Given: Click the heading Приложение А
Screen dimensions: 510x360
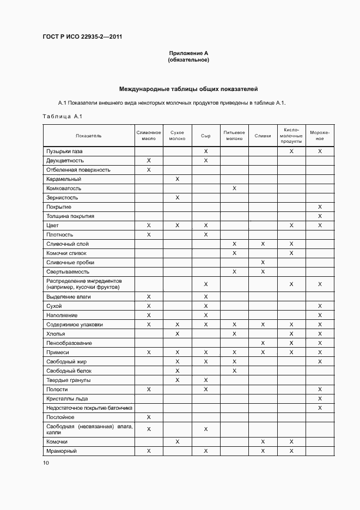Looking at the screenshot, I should point(188,53).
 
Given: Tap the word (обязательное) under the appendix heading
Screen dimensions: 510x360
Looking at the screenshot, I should point(188,60).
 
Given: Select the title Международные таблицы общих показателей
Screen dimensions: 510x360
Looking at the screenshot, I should point(188,89).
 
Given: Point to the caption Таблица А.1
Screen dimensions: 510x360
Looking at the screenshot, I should point(62,116).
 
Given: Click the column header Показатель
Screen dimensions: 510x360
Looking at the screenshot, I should point(88,136).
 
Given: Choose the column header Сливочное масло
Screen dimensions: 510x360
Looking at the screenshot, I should point(149,136).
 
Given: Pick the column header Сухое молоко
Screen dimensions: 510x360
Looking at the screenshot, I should point(177,136).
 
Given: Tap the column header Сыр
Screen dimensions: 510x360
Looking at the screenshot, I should point(205,136).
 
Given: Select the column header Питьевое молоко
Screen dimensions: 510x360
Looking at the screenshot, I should point(234,136).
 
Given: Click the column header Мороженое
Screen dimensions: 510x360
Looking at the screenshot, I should point(320,136).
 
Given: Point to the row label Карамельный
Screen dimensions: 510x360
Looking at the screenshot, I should point(64,179).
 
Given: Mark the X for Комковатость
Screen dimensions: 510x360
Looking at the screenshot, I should point(234,188).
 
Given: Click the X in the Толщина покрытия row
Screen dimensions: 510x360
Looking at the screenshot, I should point(320,216).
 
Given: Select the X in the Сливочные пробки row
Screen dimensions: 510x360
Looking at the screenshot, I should point(263,263).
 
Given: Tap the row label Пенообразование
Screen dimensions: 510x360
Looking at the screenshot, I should point(69,343).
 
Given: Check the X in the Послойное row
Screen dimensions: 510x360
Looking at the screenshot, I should point(149,417).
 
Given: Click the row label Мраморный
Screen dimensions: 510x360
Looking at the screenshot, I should point(62,451).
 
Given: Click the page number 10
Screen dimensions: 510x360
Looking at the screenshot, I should point(46,463).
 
